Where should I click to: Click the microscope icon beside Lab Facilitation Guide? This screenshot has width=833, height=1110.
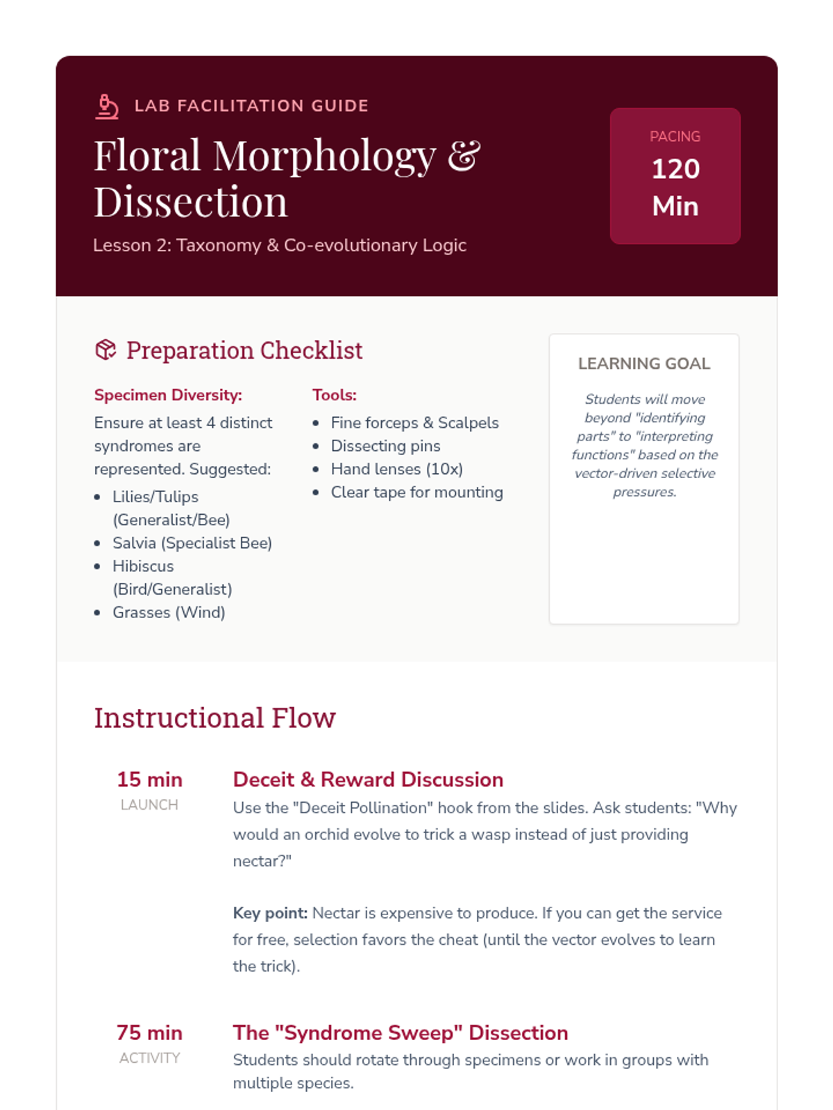coord(107,106)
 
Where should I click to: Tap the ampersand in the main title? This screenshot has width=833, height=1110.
coord(464,155)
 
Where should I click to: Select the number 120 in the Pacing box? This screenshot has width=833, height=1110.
coord(675,169)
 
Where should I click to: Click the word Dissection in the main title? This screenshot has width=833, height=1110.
coord(190,203)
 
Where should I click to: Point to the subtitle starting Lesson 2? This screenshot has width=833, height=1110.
coord(280,246)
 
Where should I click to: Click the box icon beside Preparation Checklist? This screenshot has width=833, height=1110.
coord(106,350)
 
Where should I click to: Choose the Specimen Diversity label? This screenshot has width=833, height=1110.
coord(168,395)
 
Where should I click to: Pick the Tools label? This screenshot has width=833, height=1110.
coord(335,395)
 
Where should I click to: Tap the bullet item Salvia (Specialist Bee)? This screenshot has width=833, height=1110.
coord(192,543)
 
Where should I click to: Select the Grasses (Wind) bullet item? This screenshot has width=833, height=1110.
coord(169,613)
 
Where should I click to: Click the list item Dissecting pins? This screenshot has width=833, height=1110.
coord(385,446)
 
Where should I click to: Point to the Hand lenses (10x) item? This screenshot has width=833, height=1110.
coord(396,469)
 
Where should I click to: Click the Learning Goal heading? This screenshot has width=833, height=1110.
coord(644,364)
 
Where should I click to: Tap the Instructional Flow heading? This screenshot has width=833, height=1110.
coord(214,718)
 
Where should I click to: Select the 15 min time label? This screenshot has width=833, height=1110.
coord(149,780)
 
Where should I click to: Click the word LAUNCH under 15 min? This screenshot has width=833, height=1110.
coord(149,805)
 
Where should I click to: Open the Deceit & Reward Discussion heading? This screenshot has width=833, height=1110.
coord(368,780)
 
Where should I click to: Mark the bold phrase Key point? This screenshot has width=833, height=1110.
coord(270,913)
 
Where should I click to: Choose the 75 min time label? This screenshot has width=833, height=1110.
coord(149,1033)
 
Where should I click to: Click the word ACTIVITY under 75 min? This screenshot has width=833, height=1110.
coord(149,1058)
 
